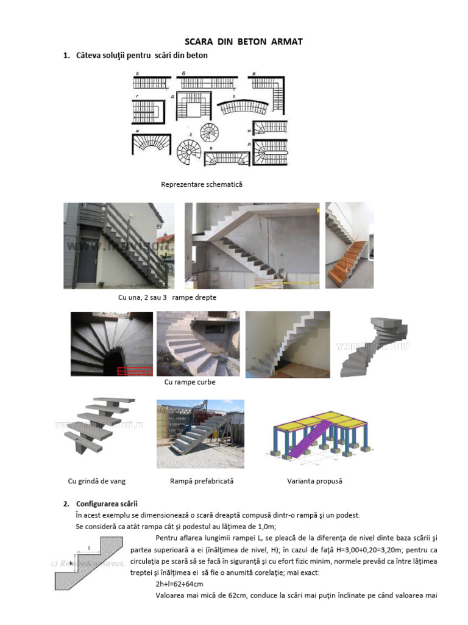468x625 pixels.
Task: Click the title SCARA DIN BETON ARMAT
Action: point(235,42)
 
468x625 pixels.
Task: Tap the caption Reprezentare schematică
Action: point(201,184)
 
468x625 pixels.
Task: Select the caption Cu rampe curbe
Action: point(190,382)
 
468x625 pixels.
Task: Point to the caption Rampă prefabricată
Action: point(202,481)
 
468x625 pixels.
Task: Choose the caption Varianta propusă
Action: point(314,481)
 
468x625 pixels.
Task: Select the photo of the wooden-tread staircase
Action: point(349,245)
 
